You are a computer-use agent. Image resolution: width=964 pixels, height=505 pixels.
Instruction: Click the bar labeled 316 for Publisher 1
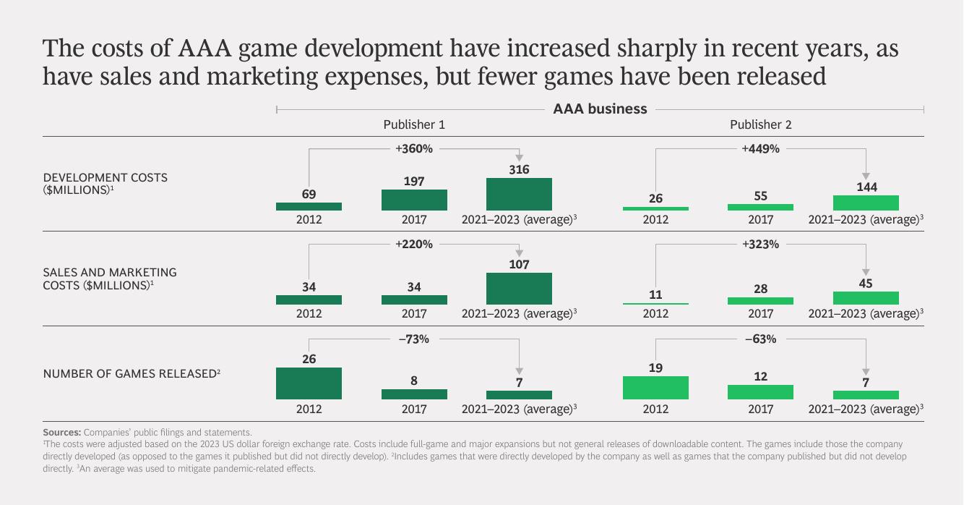[x=519, y=194]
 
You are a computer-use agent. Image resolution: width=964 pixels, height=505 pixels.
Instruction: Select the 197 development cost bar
[x=414, y=200]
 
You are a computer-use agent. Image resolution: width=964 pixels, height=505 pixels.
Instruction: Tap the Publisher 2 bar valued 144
[x=866, y=203]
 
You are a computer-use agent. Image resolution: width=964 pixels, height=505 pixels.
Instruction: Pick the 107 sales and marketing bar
[x=519, y=288]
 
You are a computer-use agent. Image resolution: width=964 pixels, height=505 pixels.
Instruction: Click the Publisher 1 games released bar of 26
[x=309, y=383]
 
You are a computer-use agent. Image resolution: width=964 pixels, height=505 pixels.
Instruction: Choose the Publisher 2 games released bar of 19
[x=655, y=388]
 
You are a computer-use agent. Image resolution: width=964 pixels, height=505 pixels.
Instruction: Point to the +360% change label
[x=414, y=149]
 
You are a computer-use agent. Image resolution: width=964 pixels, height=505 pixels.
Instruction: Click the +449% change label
[x=761, y=149]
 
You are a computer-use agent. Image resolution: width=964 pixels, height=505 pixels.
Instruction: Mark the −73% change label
[x=414, y=339]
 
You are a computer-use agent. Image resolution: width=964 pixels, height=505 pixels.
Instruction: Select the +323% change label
[x=761, y=245]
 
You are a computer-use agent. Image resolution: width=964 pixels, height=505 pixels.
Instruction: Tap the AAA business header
[x=600, y=109]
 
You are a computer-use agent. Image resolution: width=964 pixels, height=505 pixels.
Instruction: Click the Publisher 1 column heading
[x=414, y=124]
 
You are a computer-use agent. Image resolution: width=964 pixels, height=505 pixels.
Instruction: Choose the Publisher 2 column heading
[x=761, y=124]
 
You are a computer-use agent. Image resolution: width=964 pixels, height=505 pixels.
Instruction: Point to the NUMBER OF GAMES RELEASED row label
[x=130, y=374]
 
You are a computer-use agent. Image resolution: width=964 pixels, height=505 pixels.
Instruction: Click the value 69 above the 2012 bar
[x=309, y=194]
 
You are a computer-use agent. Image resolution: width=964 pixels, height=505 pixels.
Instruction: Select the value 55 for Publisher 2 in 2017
[x=761, y=196]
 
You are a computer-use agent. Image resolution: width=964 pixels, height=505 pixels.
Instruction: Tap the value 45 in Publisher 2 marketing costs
[x=866, y=284]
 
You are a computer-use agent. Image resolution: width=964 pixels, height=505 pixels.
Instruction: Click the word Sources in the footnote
[x=61, y=432]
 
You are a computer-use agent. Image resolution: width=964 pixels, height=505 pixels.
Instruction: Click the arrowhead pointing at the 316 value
[x=519, y=158]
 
